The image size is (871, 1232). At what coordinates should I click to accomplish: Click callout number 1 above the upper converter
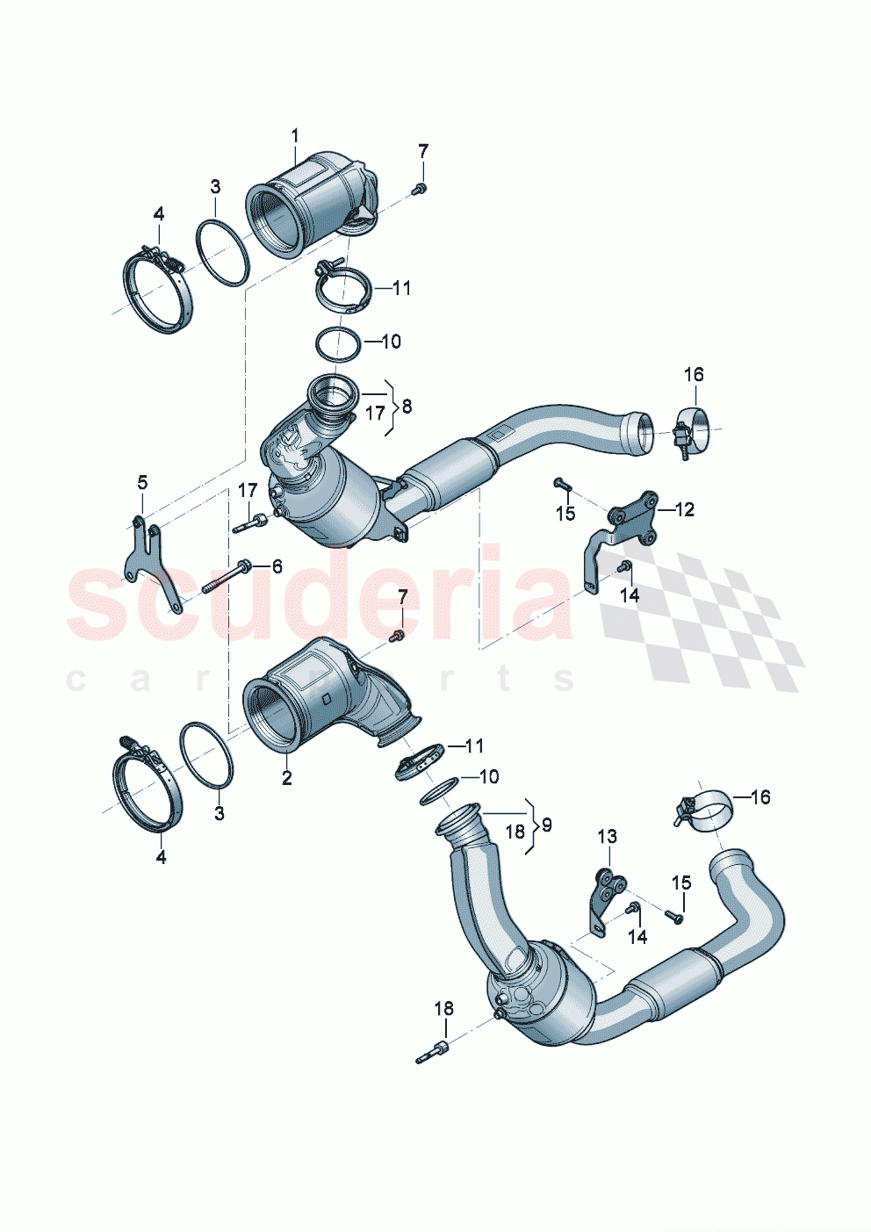[295, 135]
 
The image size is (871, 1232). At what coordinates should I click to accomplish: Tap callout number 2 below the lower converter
[286, 778]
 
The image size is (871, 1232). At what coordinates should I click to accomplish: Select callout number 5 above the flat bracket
[142, 482]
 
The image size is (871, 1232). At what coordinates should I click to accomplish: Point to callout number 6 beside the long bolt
[277, 566]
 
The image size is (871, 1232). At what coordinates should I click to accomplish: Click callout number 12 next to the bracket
[684, 509]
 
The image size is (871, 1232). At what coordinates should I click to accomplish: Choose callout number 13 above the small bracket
[608, 837]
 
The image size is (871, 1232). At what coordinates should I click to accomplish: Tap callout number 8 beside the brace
[405, 407]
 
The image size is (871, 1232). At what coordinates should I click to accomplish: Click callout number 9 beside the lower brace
[546, 825]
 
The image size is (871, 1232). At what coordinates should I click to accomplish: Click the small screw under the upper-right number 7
[420, 188]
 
